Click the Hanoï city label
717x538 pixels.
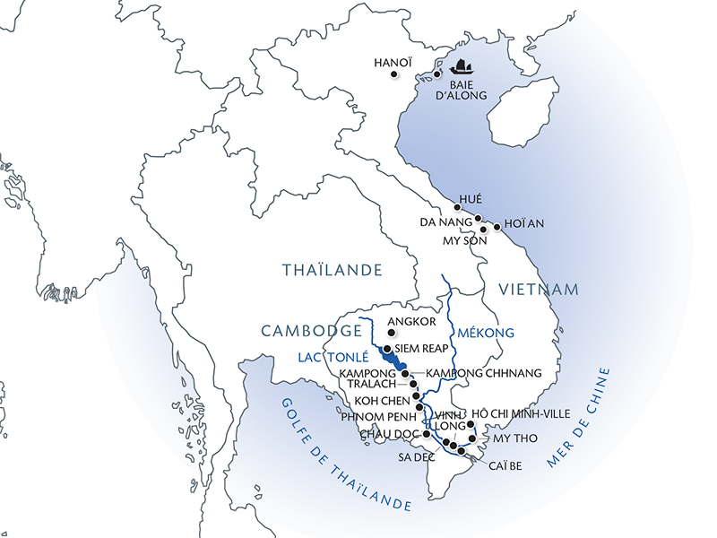pos(392,63)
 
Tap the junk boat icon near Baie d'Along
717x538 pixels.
pos(462,67)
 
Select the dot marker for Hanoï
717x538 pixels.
pos(395,77)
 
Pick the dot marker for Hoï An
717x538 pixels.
pos(497,226)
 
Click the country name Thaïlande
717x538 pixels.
pos(332,269)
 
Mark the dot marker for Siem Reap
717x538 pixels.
pos(386,349)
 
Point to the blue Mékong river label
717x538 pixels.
pos(485,333)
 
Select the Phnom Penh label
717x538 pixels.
pos(376,418)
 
